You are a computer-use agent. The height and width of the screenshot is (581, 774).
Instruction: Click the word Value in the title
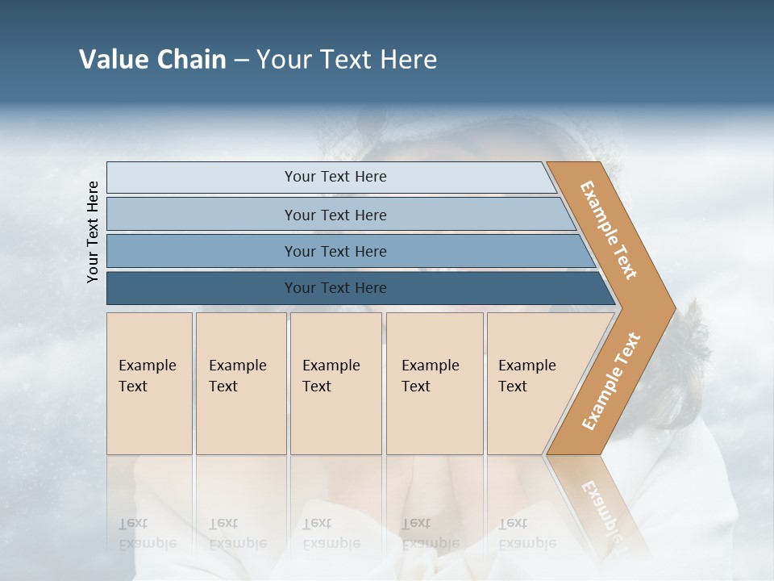[x=110, y=60]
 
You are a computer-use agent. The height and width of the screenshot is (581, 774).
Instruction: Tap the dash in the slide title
[x=241, y=61]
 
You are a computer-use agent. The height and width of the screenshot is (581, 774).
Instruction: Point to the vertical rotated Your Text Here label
[x=93, y=232]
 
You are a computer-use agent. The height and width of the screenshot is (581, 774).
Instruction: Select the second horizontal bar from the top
[x=335, y=215]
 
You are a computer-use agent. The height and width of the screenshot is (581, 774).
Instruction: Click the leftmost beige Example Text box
[x=149, y=382]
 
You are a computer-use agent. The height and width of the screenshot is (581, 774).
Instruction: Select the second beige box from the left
[x=240, y=382]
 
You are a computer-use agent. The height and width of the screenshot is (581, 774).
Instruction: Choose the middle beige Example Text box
[x=335, y=382]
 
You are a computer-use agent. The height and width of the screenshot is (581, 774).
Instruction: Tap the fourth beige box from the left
[x=434, y=382]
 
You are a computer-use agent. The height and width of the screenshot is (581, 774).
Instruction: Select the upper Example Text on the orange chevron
[x=609, y=230]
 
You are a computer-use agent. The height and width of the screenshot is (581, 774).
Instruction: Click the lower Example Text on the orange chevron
[x=611, y=381]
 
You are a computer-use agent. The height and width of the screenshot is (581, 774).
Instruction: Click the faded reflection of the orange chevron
[x=601, y=504]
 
